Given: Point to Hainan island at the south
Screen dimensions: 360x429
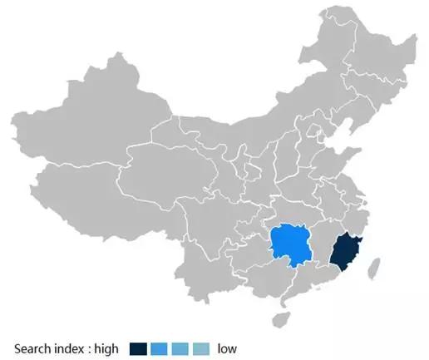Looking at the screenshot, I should click(283, 318).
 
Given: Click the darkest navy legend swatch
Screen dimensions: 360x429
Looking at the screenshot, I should click(138, 348).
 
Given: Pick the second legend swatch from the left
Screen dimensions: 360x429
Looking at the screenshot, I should click(160, 348).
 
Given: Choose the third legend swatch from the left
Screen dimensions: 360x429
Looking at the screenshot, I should click(180, 348).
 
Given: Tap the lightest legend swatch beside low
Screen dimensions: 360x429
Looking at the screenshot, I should click(201, 348).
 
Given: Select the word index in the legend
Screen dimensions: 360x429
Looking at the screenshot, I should click(70, 348).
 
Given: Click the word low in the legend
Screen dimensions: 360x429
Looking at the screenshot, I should click(227, 348).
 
